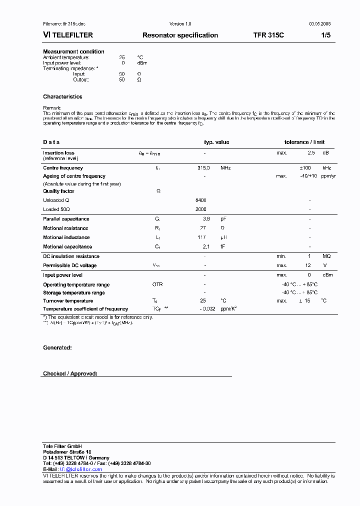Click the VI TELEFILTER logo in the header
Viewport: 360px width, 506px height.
(x=67, y=35)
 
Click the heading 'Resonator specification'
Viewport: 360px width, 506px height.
(x=180, y=35)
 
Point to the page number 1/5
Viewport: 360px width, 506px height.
(x=325, y=35)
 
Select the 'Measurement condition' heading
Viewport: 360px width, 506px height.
(x=73, y=51)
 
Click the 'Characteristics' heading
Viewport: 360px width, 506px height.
(x=62, y=96)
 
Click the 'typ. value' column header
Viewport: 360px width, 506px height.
(x=216, y=142)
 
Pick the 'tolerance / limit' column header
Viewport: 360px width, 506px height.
(x=304, y=142)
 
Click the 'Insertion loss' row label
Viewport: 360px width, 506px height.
(x=58, y=153)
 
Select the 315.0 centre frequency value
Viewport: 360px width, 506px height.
(x=203, y=168)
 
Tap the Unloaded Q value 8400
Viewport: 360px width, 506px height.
(x=200, y=200)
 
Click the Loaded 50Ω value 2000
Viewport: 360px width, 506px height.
(x=200, y=209)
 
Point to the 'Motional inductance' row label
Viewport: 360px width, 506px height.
(x=66, y=237)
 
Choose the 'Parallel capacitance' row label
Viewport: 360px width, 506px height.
(x=66, y=219)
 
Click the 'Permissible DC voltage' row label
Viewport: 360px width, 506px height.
(x=69, y=265)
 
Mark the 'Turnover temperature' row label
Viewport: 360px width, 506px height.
(x=68, y=301)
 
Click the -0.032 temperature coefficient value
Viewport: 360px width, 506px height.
(x=207, y=309)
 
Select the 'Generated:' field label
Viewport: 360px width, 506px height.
(x=57, y=347)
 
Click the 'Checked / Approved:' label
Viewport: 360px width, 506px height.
(x=70, y=373)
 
